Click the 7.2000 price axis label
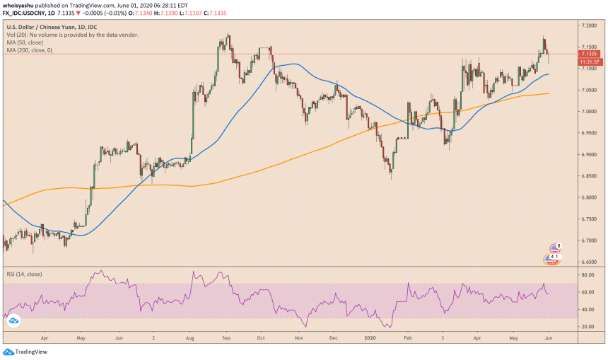[588, 25]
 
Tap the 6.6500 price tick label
[588, 262]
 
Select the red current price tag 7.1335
[588, 53]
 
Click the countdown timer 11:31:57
[588, 62]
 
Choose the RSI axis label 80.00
[585, 275]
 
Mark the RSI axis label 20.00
[585, 327]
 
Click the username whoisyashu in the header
[22, 5]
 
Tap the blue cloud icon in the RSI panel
[13, 321]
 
